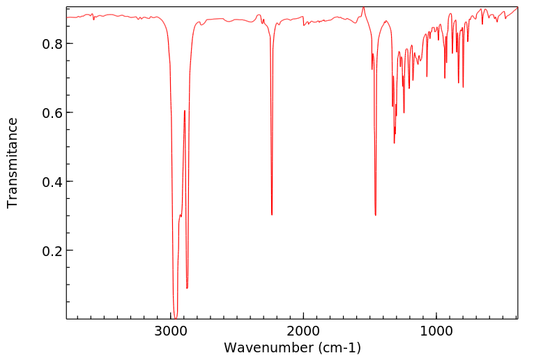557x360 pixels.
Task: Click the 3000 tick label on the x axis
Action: click(171, 331)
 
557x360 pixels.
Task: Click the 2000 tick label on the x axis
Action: click(304, 331)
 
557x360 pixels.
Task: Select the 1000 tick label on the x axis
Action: click(436, 331)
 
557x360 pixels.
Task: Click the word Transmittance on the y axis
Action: click(13, 163)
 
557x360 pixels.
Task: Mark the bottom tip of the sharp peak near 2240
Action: click(272, 215)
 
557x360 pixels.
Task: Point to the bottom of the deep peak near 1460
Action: click(376, 215)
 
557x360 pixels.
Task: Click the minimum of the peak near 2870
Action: click(187, 287)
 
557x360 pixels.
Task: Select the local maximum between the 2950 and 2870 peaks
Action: click(184, 110)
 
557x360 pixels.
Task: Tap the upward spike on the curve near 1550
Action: click(363, 8)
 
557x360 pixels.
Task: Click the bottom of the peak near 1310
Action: click(395, 143)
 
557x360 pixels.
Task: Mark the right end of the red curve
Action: click(517, 8)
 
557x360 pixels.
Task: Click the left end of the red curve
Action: click(67, 17)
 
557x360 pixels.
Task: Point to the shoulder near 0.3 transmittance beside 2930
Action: click(180, 216)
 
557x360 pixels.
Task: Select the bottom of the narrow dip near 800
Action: click(463, 87)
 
